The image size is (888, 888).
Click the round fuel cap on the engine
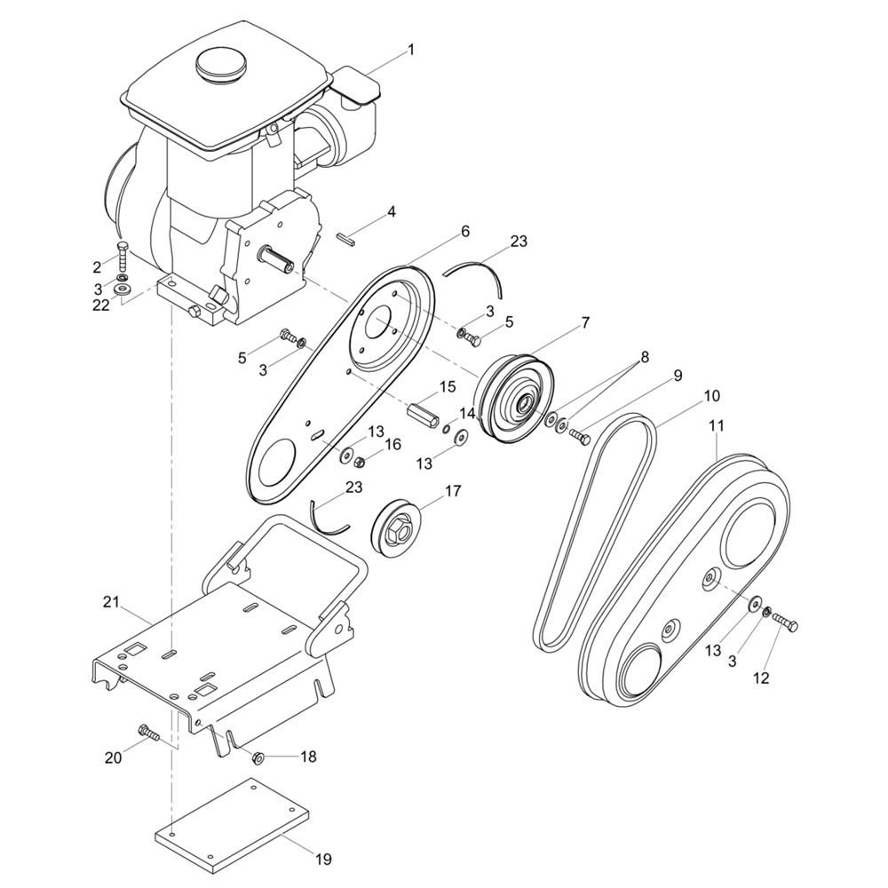tap(221, 67)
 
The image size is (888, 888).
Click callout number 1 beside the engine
tap(411, 50)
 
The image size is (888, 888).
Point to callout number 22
tap(101, 305)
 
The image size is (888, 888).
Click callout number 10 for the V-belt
tap(712, 396)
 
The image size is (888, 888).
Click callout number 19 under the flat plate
tap(323, 859)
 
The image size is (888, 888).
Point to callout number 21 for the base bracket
tap(111, 601)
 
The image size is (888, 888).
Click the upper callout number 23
tap(519, 242)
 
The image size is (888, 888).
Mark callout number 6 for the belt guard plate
tap(465, 231)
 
